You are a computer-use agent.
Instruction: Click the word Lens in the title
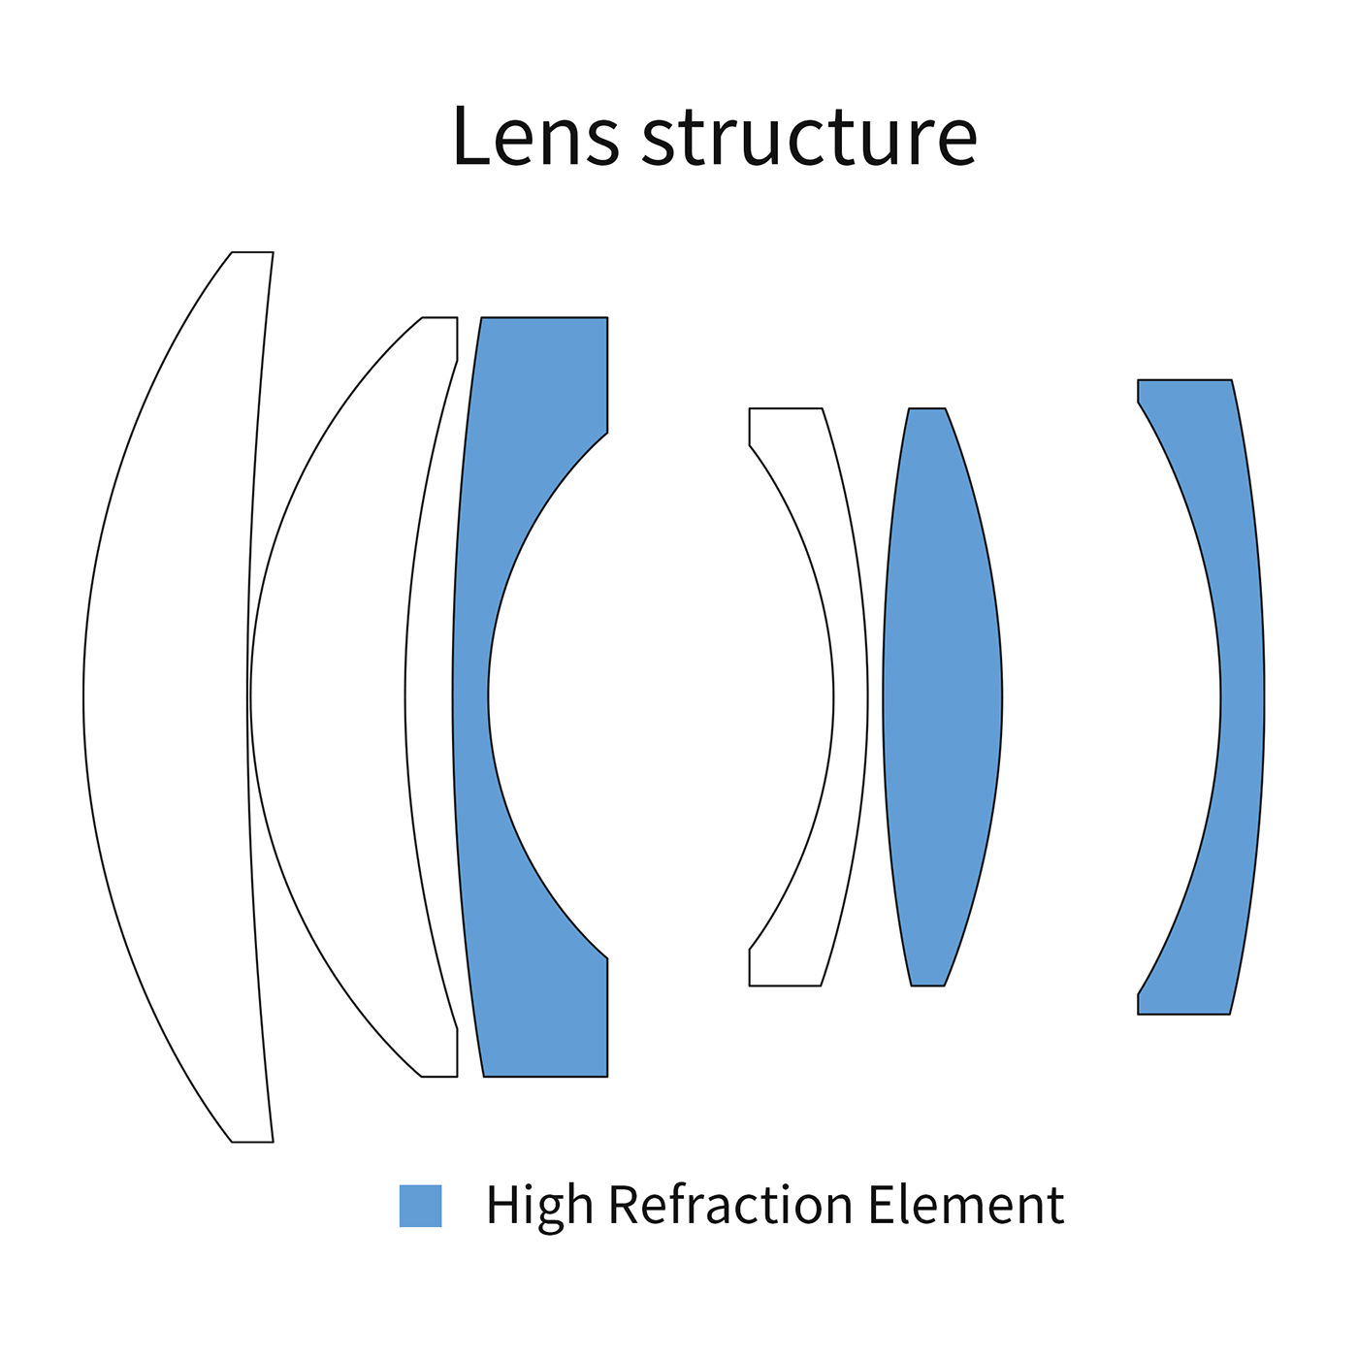tap(534, 136)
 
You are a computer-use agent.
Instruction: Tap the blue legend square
tap(421, 1206)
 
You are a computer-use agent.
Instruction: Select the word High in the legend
tap(538, 1206)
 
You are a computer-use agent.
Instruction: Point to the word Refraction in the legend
tap(730, 1206)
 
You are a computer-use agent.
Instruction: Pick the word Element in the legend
tap(965, 1206)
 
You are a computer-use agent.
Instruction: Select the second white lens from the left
tap(330, 696)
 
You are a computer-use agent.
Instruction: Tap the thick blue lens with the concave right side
tap(471, 696)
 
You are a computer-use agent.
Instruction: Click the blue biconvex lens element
tap(942, 696)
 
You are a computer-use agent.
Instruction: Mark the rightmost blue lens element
tap(1243, 696)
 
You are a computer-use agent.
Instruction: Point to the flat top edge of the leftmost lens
tap(252, 252)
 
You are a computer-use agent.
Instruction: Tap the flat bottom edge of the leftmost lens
tap(252, 1142)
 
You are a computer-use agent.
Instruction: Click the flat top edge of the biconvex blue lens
tap(926, 408)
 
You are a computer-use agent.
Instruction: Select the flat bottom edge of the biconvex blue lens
tap(927, 986)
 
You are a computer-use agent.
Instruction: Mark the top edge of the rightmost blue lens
tap(1184, 380)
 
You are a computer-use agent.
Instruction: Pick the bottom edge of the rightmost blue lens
tap(1183, 1014)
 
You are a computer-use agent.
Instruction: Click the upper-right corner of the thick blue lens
tap(607, 318)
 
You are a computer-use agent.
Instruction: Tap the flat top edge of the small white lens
tap(786, 408)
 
